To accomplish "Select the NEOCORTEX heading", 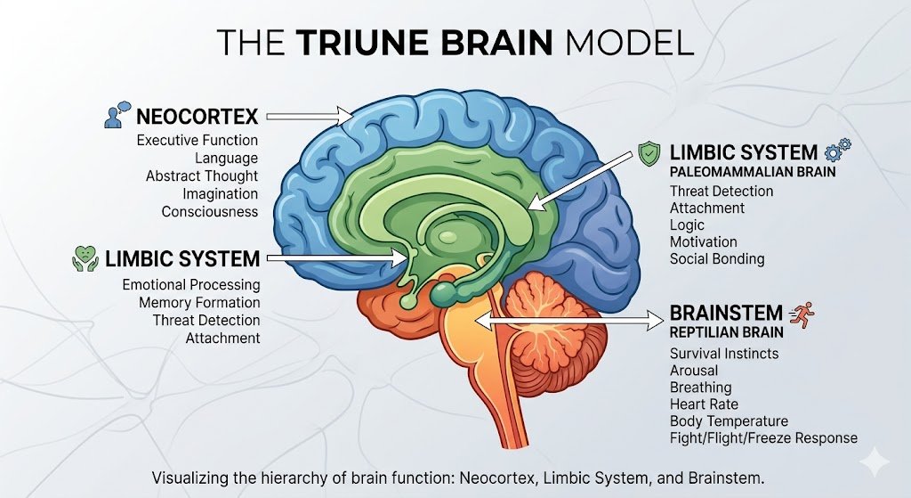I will (197, 116).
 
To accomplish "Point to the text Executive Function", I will (198, 141).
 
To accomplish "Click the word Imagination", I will (221, 193).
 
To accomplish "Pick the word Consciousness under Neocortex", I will (210, 211).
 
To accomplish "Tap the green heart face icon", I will (85, 259).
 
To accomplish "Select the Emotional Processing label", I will (191, 285).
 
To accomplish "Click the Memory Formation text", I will (199, 303).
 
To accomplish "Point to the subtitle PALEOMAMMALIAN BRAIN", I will (753, 172).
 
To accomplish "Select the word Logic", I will (687, 225).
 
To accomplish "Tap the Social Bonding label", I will (717, 259).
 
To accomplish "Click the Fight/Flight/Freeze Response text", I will (763, 438).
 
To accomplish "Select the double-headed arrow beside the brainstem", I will (569, 319).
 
